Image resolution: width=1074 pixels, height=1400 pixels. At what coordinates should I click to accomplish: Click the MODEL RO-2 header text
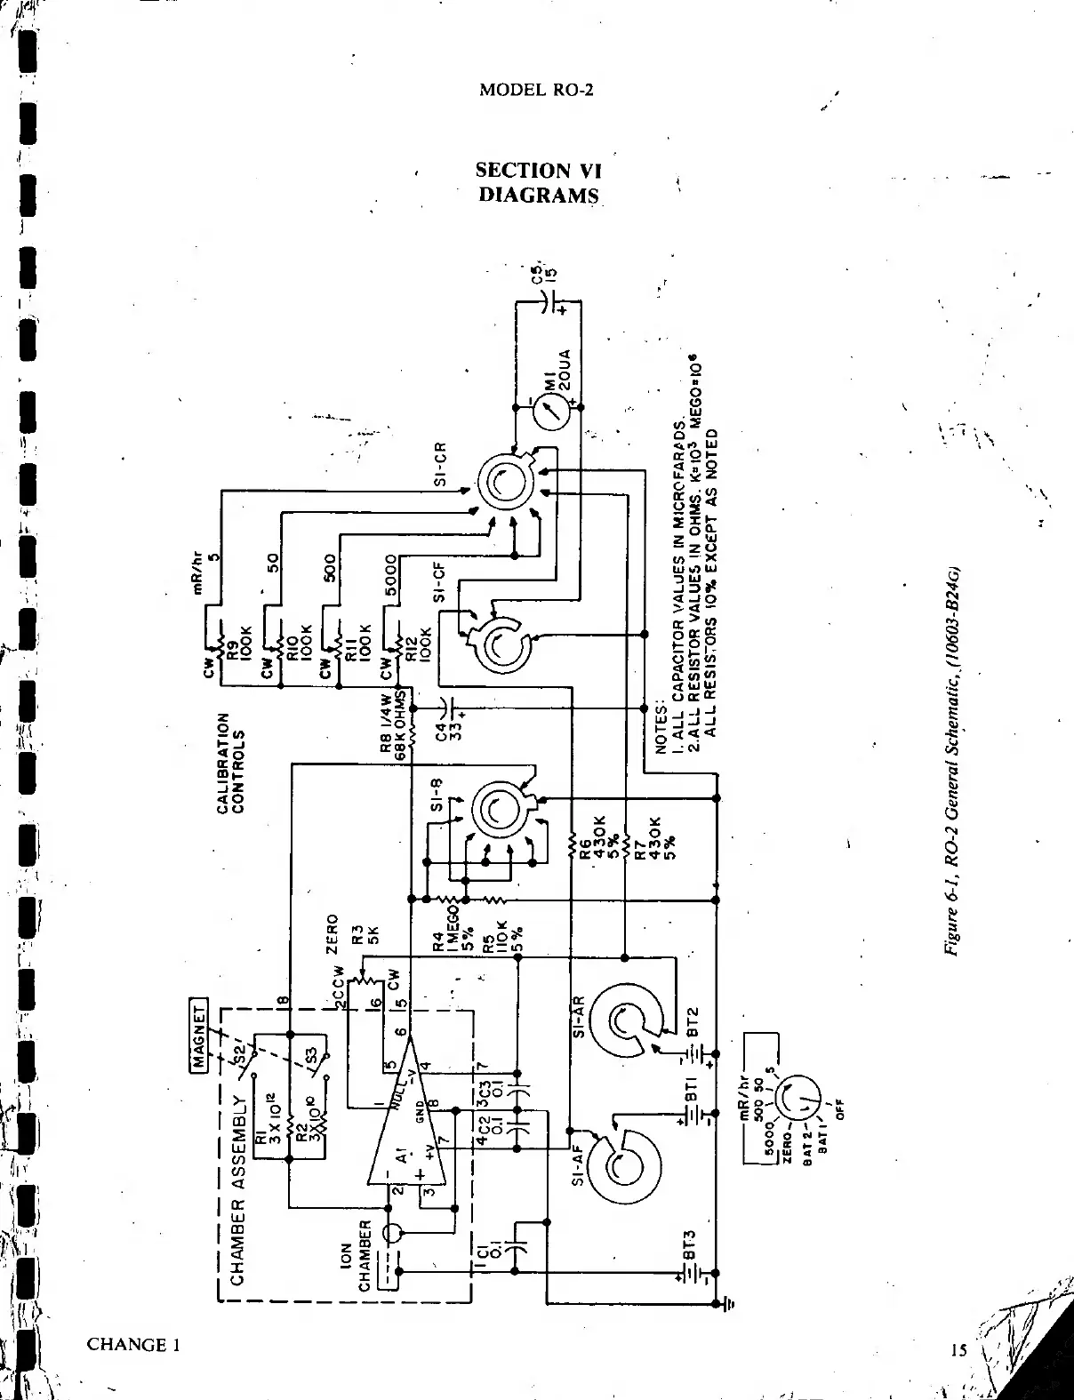pos(535,90)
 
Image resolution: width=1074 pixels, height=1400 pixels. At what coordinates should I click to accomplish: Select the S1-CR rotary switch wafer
pos(502,482)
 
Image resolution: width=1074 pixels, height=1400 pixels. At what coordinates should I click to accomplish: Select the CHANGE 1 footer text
pos(134,1343)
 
